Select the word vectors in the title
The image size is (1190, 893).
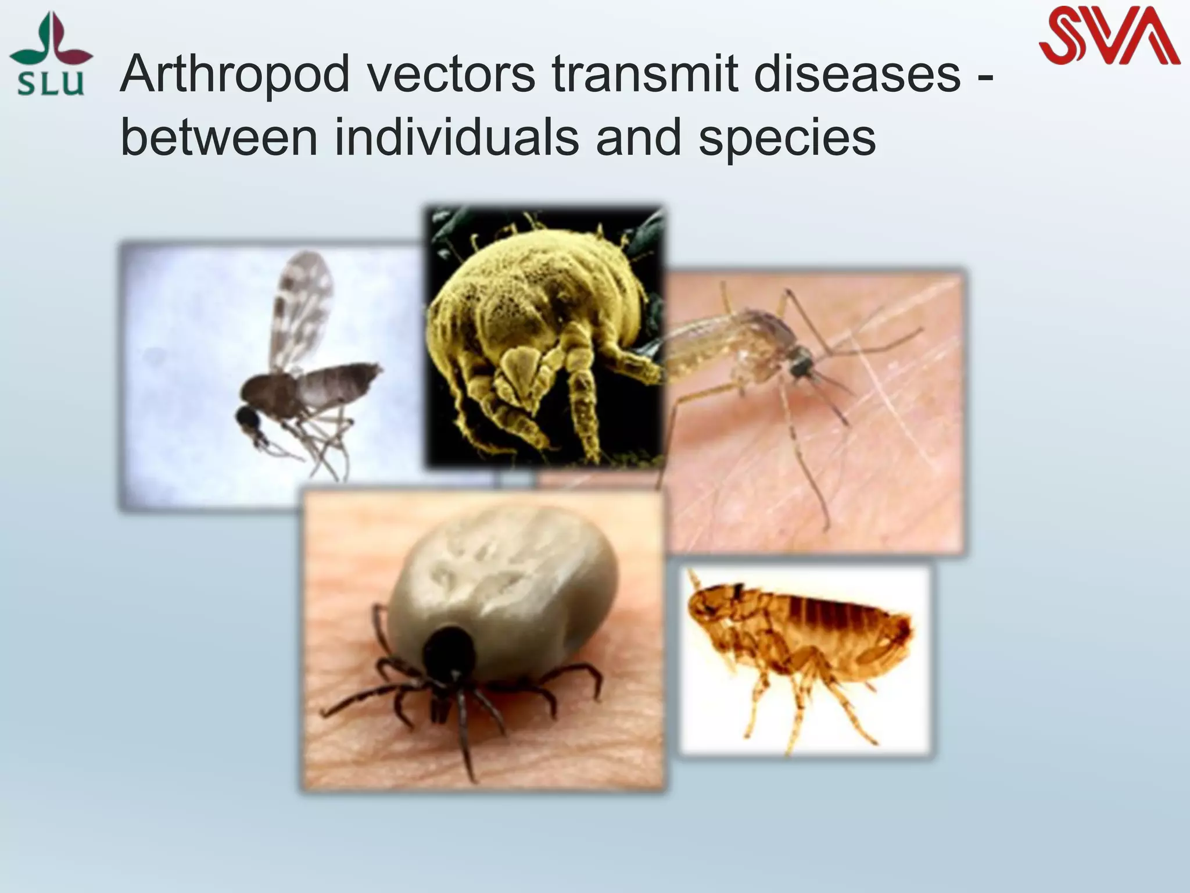tap(448, 75)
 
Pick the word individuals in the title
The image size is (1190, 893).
tap(457, 138)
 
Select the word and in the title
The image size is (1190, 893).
tap(639, 138)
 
